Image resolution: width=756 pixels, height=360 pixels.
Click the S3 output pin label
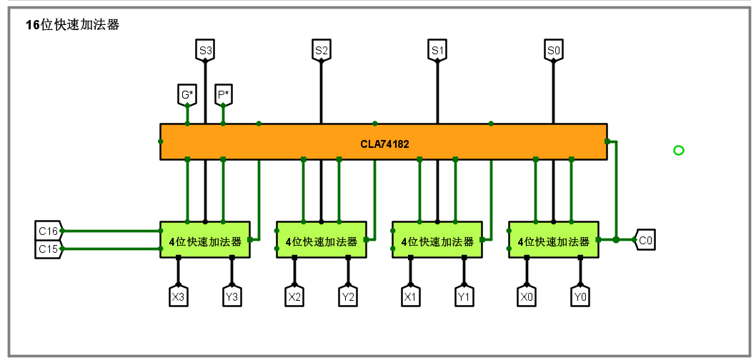pos(206,51)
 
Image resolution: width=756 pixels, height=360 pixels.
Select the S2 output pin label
pos(321,51)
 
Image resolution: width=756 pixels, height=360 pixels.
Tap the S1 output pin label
pos(437,51)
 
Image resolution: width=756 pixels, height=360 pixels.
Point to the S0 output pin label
pos(553,51)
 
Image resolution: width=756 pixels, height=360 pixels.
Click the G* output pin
pos(187,94)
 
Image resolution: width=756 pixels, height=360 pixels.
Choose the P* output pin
pos(224,94)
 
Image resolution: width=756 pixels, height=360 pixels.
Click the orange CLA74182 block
pos(384,143)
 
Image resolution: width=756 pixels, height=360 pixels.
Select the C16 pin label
pos(49,231)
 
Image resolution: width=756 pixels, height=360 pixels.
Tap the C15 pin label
pos(49,249)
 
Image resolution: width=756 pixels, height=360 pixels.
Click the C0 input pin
pos(645,241)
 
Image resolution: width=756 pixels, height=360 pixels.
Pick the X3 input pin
pos(179,296)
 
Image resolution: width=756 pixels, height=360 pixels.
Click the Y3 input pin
pos(232,296)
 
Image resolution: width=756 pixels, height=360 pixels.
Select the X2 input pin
pos(294,296)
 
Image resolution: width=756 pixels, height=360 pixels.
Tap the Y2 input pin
pos(348,296)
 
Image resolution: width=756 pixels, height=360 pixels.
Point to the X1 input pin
pos(410,296)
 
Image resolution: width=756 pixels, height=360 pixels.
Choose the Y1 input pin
pos(464,296)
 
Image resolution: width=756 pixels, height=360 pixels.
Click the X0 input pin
pos(527,296)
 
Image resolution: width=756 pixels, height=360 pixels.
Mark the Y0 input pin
pos(580,296)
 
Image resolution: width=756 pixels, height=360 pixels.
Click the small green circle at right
pos(678,150)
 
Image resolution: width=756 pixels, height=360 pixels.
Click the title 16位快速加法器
pos(72,25)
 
